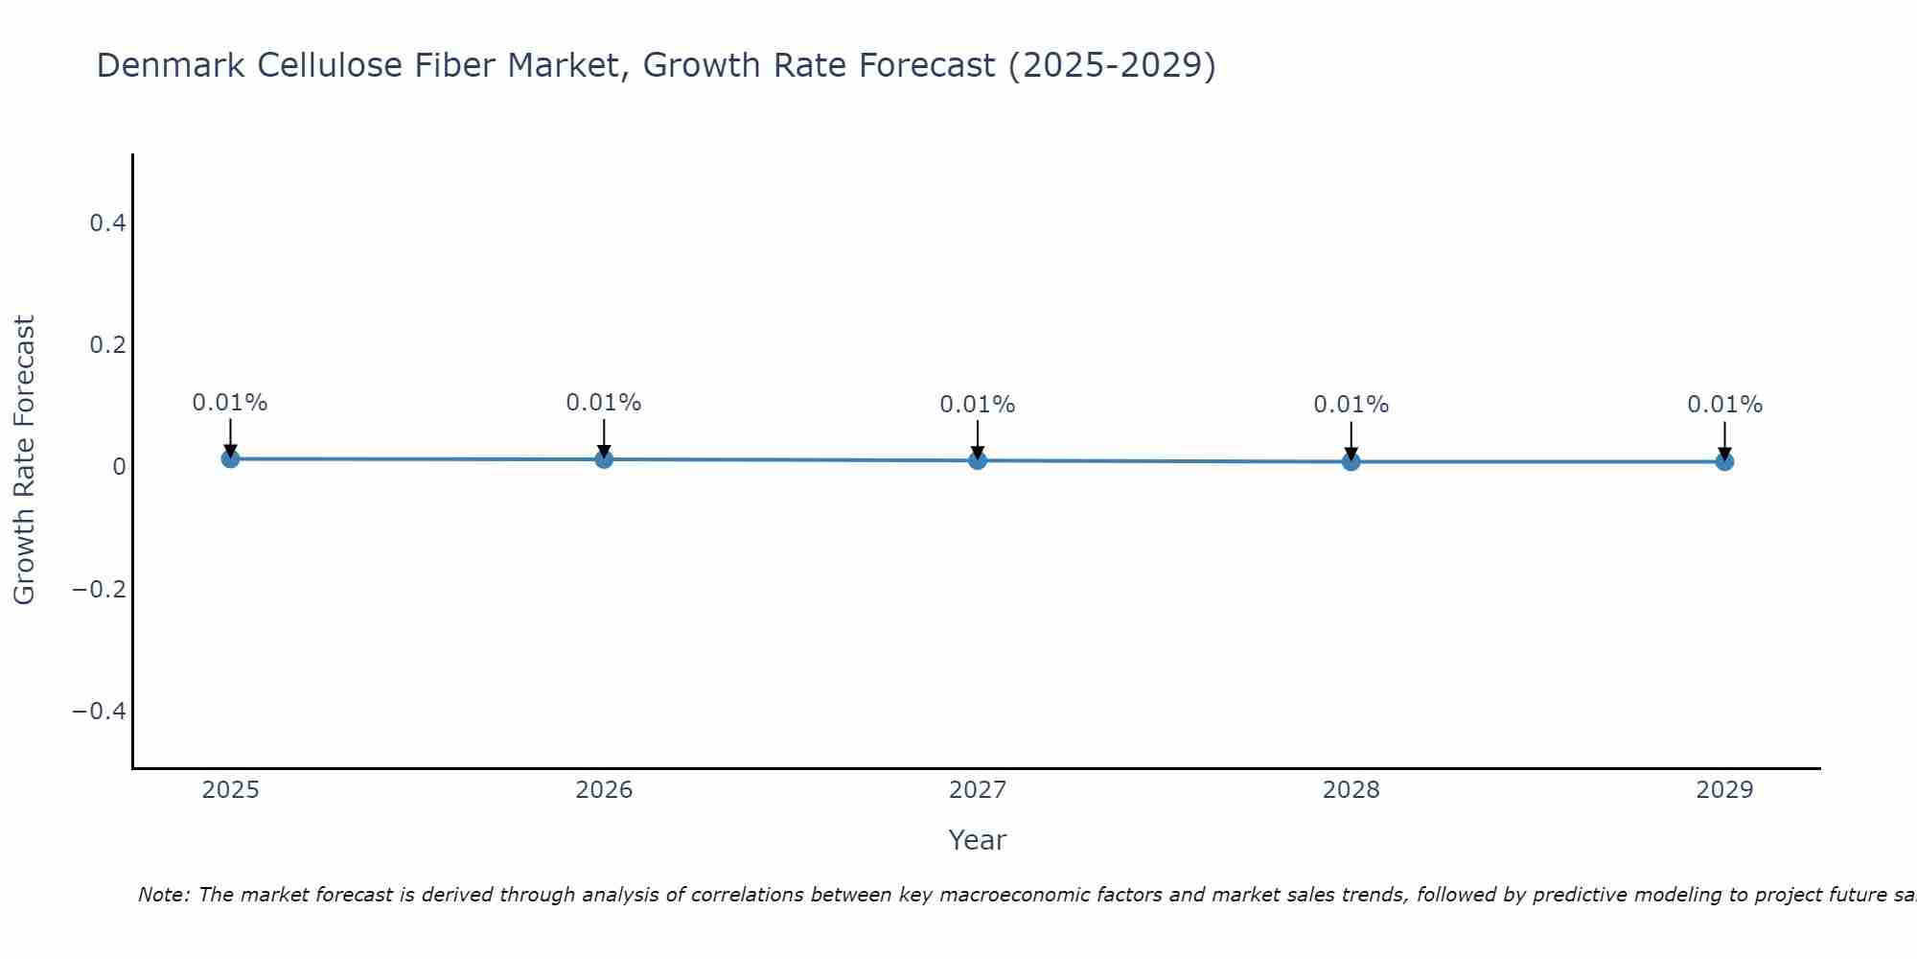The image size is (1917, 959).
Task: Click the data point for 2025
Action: (x=230, y=458)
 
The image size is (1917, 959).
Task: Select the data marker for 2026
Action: (x=604, y=459)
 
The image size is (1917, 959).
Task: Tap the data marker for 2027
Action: (x=978, y=460)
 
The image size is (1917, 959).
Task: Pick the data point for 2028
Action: (x=1351, y=461)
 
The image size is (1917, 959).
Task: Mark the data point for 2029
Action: (x=1724, y=461)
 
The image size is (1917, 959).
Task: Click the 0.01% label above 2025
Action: (x=230, y=403)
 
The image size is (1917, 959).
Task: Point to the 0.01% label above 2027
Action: (x=978, y=405)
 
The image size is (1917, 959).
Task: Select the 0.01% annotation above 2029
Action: (x=1724, y=405)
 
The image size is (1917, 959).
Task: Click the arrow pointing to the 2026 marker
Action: (x=604, y=436)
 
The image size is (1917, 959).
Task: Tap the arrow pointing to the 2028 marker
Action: (x=1351, y=438)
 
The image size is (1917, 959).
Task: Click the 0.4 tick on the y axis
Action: (x=107, y=223)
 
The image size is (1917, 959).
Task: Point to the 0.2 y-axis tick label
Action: (x=107, y=345)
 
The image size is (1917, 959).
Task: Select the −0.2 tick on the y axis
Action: (x=100, y=589)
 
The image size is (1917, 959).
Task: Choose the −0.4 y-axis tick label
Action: (x=100, y=711)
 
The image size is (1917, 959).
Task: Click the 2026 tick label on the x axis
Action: (x=604, y=790)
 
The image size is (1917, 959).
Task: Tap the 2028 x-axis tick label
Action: (x=1351, y=790)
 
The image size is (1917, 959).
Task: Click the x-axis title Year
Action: (x=977, y=840)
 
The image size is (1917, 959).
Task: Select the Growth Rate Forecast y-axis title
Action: (x=24, y=460)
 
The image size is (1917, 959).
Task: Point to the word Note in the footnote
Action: (x=163, y=895)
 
